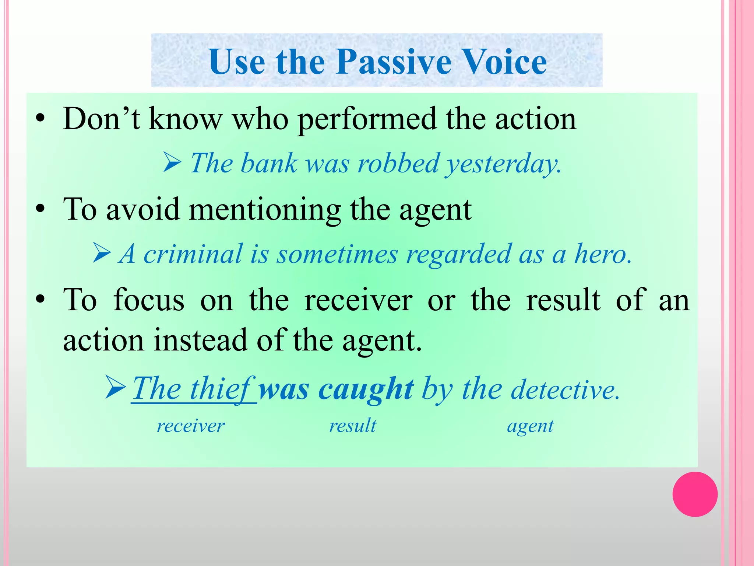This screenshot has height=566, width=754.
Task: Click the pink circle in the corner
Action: tap(695, 494)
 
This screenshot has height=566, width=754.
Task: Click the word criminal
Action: tap(193, 254)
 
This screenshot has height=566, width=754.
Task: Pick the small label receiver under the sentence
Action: tap(190, 426)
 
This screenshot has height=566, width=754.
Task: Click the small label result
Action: tap(352, 426)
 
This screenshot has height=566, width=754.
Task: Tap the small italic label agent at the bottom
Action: tap(530, 427)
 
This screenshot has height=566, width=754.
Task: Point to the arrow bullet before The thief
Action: tap(116, 387)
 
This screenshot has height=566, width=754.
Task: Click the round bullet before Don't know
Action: tap(40, 119)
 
